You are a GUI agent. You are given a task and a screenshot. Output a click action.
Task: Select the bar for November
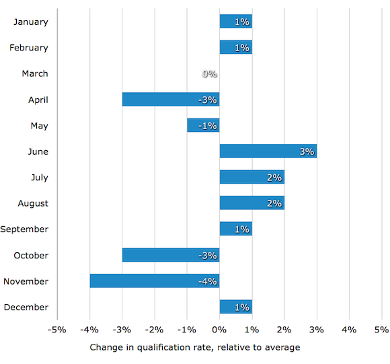[x=155, y=281]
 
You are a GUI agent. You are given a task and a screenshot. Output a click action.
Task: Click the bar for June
[x=268, y=151]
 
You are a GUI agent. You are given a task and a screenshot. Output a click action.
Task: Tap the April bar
[x=171, y=100]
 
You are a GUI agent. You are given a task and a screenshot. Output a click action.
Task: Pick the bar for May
[x=203, y=126]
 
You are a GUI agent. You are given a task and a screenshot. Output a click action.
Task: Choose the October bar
[x=171, y=255]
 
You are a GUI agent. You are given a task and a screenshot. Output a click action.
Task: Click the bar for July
[x=251, y=178]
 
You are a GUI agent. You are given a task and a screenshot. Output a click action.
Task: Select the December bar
[x=235, y=307]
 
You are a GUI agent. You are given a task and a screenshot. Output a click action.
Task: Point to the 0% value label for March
[x=210, y=74]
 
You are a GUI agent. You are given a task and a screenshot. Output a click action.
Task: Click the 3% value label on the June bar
[x=307, y=152]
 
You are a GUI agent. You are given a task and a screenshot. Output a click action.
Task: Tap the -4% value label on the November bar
[x=207, y=281]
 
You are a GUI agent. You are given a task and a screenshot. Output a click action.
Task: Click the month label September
[x=24, y=229]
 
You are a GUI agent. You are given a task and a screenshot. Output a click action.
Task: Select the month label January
[x=31, y=22]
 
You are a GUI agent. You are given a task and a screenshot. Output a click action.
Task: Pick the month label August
[x=33, y=203]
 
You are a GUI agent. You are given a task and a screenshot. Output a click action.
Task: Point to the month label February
[x=29, y=48]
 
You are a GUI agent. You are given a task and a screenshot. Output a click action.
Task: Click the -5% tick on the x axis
[x=57, y=330]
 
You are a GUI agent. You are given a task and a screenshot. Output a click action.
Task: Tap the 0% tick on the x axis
[x=219, y=330]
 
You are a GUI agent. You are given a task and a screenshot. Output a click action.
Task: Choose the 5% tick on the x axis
[x=381, y=330]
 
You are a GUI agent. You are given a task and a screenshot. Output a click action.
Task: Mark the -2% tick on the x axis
[x=154, y=330]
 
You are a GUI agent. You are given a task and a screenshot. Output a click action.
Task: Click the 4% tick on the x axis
[x=349, y=330]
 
